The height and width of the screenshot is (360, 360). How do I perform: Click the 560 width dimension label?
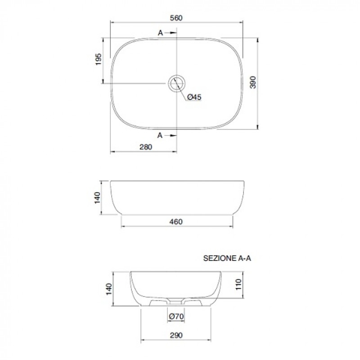click(x=176, y=18)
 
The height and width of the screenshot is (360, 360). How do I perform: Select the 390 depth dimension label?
click(x=253, y=82)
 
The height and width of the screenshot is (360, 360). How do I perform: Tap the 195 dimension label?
click(x=98, y=59)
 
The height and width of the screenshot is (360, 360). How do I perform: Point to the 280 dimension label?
click(x=146, y=147)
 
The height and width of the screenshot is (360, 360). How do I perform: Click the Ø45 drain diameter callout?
click(x=194, y=97)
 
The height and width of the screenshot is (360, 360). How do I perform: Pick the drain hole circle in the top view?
click(x=176, y=83)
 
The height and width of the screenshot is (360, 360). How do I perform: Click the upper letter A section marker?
click(x=160, y=33)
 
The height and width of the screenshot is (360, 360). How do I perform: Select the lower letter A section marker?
click(x=160, y=135)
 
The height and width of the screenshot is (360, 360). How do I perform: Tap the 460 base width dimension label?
click(x=176, y=222)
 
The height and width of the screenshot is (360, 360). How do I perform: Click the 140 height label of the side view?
click(x=97, y=198)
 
